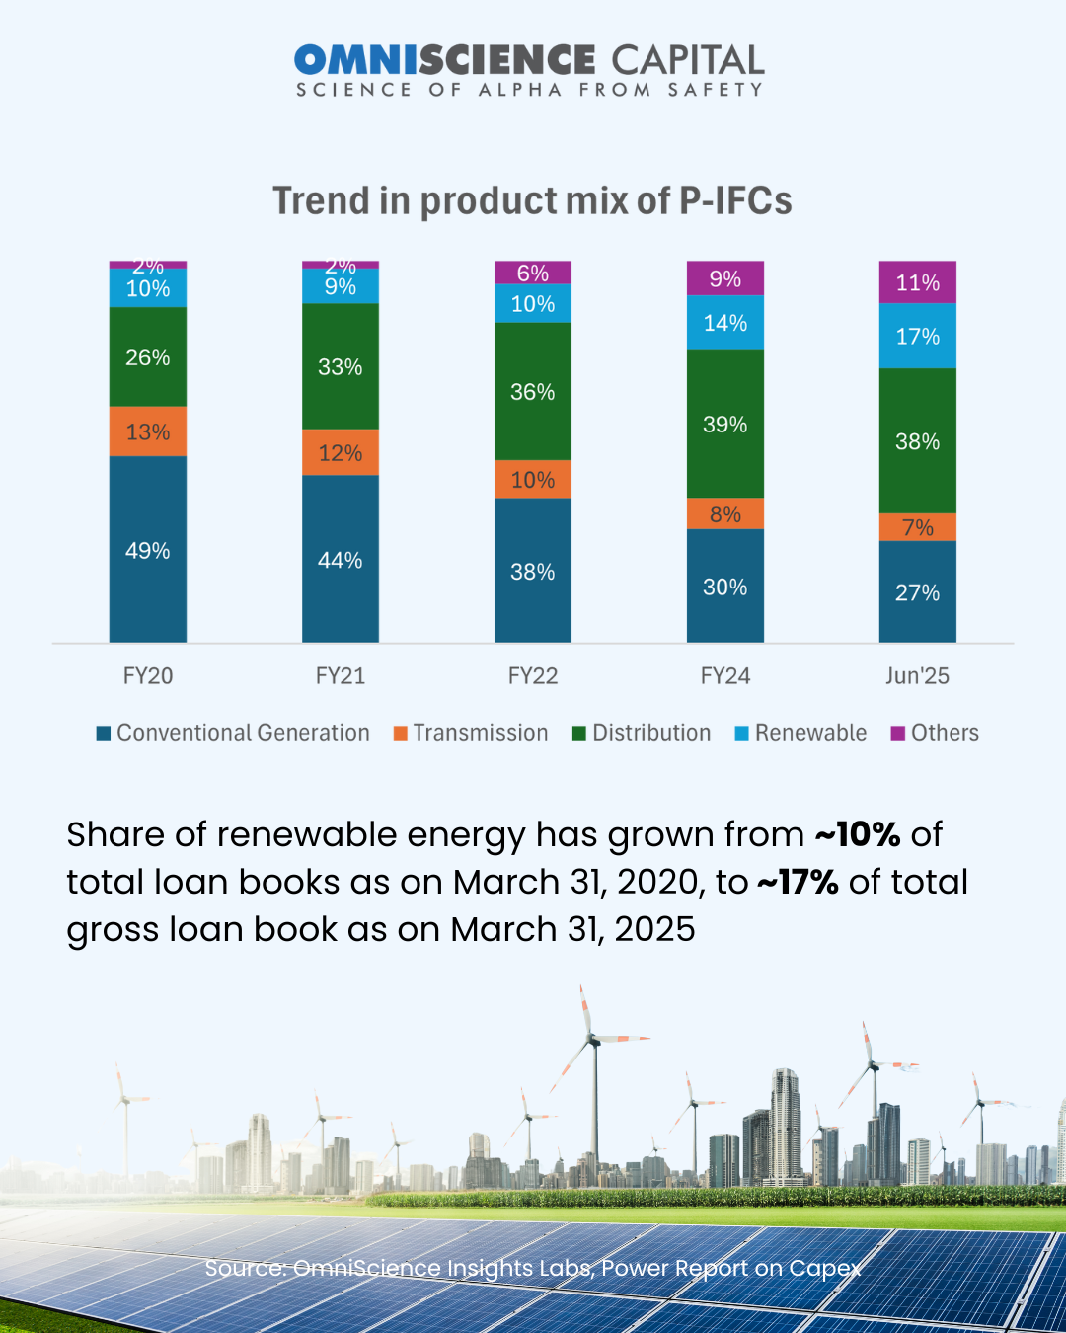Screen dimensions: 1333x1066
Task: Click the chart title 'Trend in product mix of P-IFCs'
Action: tap(532, 200)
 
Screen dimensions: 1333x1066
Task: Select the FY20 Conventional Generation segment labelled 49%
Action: tap(148, 549)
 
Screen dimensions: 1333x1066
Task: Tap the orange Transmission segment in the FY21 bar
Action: tap(341, 452)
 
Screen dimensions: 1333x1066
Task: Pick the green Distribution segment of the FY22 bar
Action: tap(533, 391)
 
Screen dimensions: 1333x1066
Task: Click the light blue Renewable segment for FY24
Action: tap(725, 323)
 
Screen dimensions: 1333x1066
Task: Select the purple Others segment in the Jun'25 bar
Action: tap(918, 282)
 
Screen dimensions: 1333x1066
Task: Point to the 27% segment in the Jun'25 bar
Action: tap(918, 591)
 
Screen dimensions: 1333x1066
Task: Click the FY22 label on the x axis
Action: tap(533, 676)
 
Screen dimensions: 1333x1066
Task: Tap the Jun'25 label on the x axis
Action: tap(918, 676)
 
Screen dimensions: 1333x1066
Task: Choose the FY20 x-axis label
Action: tap(148, 676)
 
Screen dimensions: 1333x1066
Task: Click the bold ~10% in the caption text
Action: tap(858, 834)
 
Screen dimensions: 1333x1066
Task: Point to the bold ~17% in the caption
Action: tap(798, 882)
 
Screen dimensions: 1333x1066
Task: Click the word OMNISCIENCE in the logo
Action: tap(444, 60)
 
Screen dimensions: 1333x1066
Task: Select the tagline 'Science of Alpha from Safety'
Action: tap(530, 90)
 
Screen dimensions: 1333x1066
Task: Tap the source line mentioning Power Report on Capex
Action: tap(533, 1268)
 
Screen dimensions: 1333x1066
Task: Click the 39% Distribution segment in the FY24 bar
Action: tap(725, 424)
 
